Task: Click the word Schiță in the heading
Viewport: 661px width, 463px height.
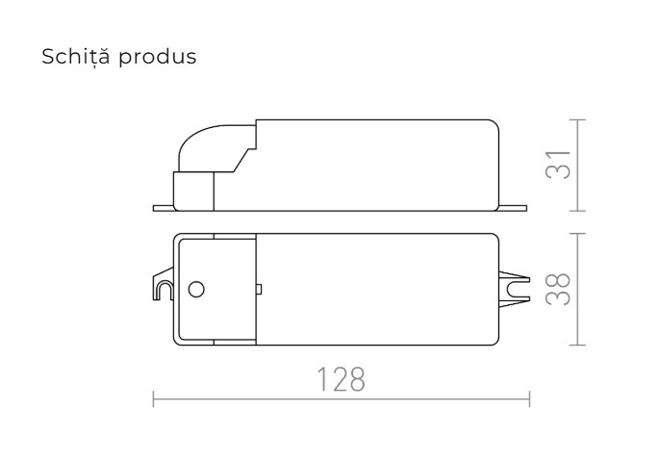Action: point(74,57)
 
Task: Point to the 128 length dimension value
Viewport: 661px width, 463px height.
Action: point(342,378)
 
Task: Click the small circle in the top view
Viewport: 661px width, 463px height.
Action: point(195,288)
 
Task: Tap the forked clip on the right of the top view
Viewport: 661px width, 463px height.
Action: point(516,287)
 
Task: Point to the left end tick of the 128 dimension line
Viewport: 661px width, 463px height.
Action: point(153,397)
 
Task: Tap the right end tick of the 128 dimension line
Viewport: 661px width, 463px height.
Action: point(530,397)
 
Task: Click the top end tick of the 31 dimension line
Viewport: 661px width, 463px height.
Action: point(577,119)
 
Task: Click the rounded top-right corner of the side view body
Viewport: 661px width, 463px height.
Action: point(494,125)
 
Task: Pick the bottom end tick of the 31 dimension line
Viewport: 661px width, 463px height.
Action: point(577,209)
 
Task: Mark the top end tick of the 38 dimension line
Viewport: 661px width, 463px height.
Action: point(577,232)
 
